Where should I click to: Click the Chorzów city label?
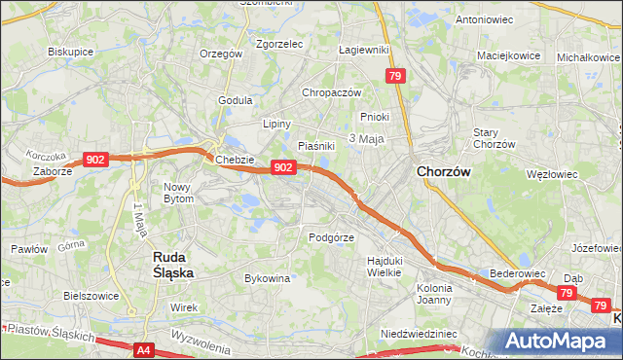point(443,171)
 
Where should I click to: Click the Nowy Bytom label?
point(178,192)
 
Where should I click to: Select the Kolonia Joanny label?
point(434,294)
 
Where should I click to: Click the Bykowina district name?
point(268,278)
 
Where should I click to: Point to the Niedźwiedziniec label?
point(419,333)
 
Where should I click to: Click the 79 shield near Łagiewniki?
point(394,76)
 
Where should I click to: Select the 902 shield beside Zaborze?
point(95,160)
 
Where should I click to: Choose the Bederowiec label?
point(515,274)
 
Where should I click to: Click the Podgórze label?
point(330,236)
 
